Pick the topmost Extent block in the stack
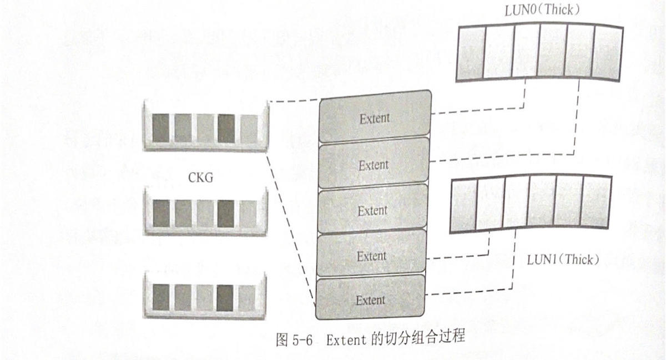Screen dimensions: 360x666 pos(374,118)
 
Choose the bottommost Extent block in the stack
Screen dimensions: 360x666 pos(370,300)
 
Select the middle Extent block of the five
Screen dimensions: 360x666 pos(372,210)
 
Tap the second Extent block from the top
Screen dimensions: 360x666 pos(374,165)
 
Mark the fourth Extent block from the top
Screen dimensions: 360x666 pos(371,256)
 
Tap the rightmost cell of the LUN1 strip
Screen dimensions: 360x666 pos(597,202)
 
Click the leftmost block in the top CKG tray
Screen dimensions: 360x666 pos(160,128)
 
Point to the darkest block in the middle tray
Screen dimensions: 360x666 pos(226,213)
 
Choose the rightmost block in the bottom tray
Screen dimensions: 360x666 pos(248,297)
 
